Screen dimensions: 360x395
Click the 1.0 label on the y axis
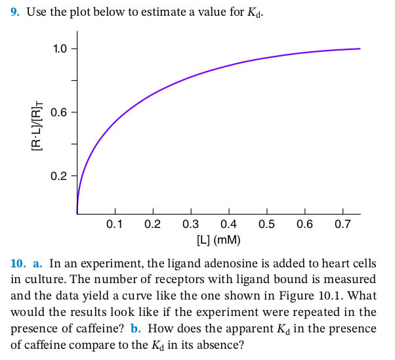tap(60, 49)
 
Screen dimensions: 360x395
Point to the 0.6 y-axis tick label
tap(60, 112)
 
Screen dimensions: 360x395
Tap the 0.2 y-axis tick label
tap(60, 176)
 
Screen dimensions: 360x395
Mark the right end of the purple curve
tap(360, 49)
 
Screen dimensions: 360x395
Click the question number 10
tap(18, 263)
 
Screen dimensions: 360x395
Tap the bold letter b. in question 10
tap(135, 327)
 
